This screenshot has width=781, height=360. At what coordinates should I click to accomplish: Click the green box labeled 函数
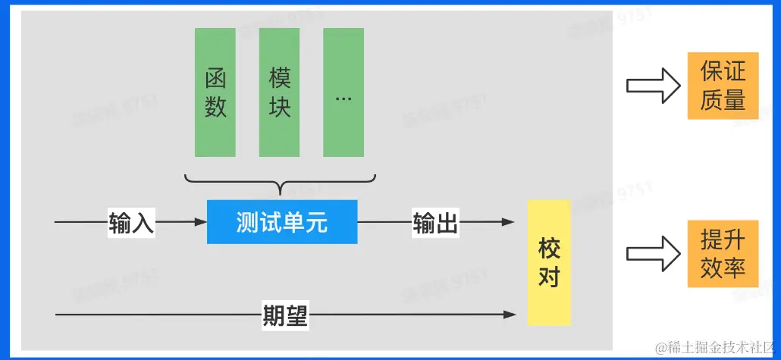click(215, 92)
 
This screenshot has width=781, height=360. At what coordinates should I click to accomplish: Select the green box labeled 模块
click(280, 92)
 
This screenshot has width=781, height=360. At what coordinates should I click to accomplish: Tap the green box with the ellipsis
click(343, 92)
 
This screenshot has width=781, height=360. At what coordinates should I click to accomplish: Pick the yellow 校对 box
click(548, 262)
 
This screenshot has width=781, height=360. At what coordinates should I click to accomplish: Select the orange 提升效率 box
click(723, 254)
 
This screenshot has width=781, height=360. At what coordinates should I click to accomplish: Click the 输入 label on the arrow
click(132, 223)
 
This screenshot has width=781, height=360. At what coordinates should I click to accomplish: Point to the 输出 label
click(435, 223)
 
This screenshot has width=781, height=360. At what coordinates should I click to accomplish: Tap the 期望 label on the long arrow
click(285, 315)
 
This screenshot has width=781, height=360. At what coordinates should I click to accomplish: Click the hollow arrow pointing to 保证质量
click(653, 84)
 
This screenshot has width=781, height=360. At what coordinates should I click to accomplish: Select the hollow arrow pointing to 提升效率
click(653, 253)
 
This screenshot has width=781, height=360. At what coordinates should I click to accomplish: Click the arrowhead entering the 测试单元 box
click(200, 223)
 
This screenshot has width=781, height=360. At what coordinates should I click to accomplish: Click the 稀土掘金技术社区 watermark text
click(714, 347)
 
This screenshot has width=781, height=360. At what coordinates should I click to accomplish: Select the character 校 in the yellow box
click(548, 248)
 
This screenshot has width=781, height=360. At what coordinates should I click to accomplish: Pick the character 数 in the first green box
click(215, 107)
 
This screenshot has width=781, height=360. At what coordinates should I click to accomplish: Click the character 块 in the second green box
click(280, 107)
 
